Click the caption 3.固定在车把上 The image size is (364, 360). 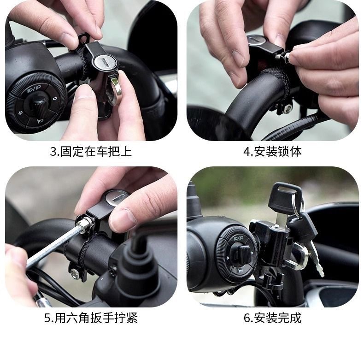pos(91,152)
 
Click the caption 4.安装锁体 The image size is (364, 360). pos(272,152)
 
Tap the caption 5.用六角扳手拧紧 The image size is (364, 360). pos(91,318)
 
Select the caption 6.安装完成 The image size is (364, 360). pos(272,318)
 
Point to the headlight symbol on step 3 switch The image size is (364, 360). pos(34,88)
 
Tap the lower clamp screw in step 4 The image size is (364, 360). pos(288,108)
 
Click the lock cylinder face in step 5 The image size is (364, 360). pos(116,198)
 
